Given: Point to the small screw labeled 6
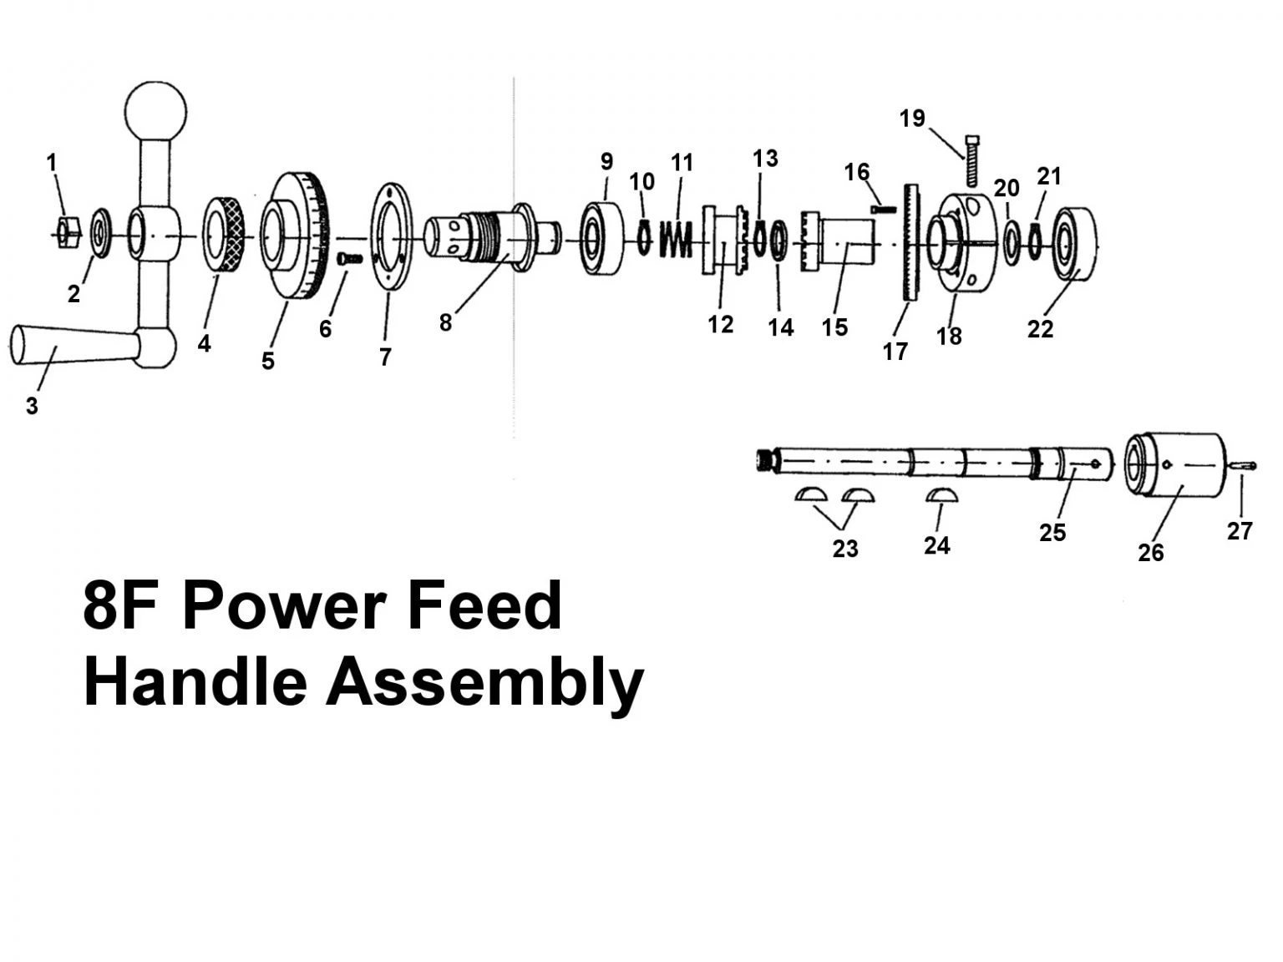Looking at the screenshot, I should point(349,260).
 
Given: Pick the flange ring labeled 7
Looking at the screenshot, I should point(391,236).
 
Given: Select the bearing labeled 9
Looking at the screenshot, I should point(602,239).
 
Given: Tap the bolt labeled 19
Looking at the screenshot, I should point(971,159).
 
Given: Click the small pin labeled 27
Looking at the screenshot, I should point(1244,466).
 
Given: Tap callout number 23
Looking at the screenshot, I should point(845,549).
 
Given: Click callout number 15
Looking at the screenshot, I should point(834,327).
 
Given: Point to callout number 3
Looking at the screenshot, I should point(32,407).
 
